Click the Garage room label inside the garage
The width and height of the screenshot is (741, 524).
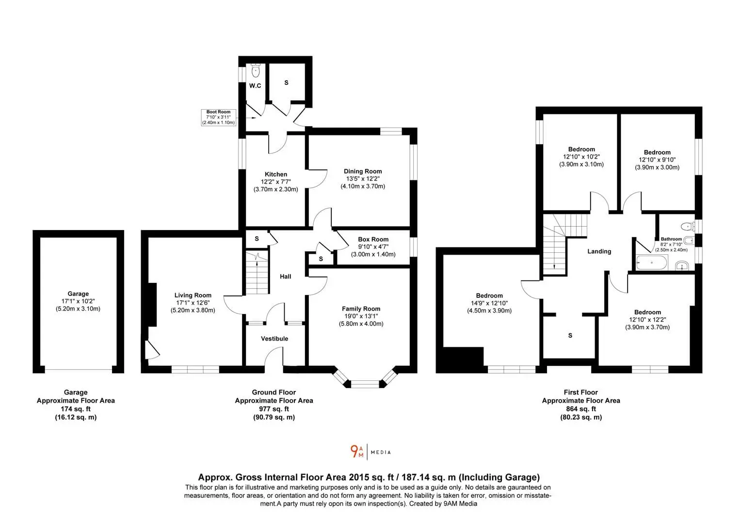[78, 294]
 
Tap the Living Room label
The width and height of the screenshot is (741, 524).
[193, 295]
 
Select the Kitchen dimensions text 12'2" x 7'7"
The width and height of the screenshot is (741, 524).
[276, 182]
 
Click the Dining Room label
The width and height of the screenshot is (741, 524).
[363, 171]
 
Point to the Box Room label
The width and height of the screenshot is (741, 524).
[373, 239]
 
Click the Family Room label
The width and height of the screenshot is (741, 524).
[361, 309]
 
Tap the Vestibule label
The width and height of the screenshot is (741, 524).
[274, 339]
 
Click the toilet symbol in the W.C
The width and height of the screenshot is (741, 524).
[256, 70]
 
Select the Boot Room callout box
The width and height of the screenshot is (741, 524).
[218, 117]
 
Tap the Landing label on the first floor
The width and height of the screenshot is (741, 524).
[599, 252]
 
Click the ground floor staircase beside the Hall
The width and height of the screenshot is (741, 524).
[257, 273]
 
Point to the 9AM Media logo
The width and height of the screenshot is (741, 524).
[370, 452]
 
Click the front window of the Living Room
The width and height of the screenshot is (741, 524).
[195, 369]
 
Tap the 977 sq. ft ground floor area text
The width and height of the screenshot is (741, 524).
[274, 409]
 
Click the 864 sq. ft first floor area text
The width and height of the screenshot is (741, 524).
[581, 409]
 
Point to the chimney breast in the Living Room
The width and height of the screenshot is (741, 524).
[152, 305]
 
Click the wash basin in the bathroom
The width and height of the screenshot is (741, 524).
[682, 265]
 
